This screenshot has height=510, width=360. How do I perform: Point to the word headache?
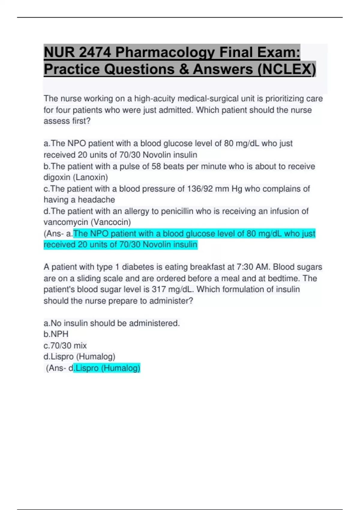[x=96, y=200]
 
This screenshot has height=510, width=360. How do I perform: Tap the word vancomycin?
[x=66, y=222]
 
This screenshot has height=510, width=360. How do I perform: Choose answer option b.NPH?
[x=56, y=334]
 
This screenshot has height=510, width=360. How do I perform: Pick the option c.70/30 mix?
[x=65, y=346]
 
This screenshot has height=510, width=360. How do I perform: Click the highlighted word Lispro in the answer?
[x=87, y=368]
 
